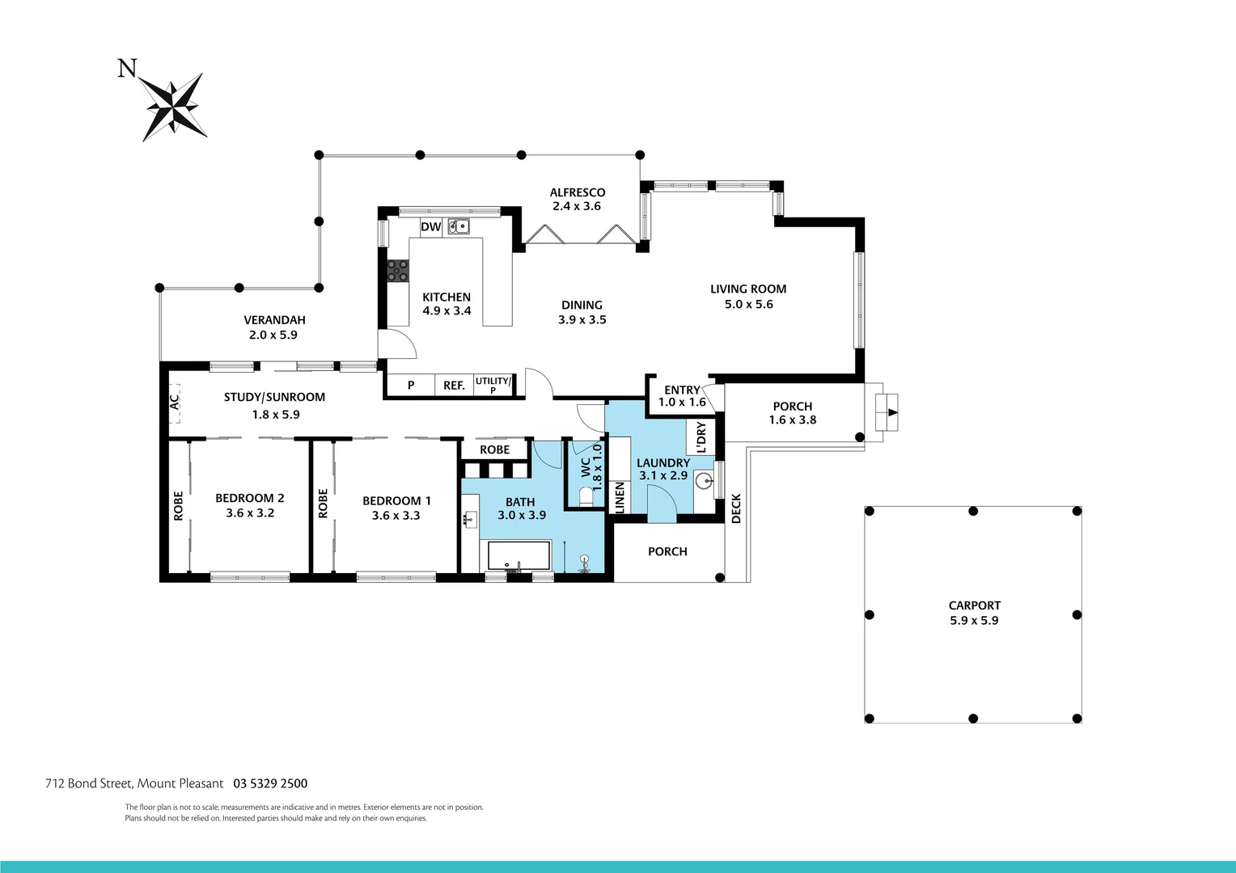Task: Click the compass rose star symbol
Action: [x=174, y=106]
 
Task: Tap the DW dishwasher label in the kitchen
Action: [x=430, y=227]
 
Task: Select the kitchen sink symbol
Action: [x=459, y=226]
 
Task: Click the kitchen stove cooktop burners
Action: [x=397, y=270]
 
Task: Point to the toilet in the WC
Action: [x=586, y=494]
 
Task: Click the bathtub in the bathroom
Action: [x=519, y=557]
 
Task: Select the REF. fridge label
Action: [x=454, y=386]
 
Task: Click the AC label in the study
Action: [x=174, y=401]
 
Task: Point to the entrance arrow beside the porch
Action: [x=891, y=412]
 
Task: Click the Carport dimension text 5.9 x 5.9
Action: [x=974, y=621]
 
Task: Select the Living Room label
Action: [x=748, y=289]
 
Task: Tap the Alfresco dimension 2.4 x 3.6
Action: [x=577, y=206]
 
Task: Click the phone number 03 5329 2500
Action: [x=270, y=783]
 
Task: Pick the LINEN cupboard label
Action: [x=620, y=497]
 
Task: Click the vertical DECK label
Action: [x=736, y=508]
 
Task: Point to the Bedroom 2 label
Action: [x=249, y=498]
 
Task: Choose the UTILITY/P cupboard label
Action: [x=493, y=385]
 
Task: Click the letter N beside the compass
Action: [x=127, y=69]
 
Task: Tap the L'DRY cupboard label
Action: [x=701, y=437]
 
